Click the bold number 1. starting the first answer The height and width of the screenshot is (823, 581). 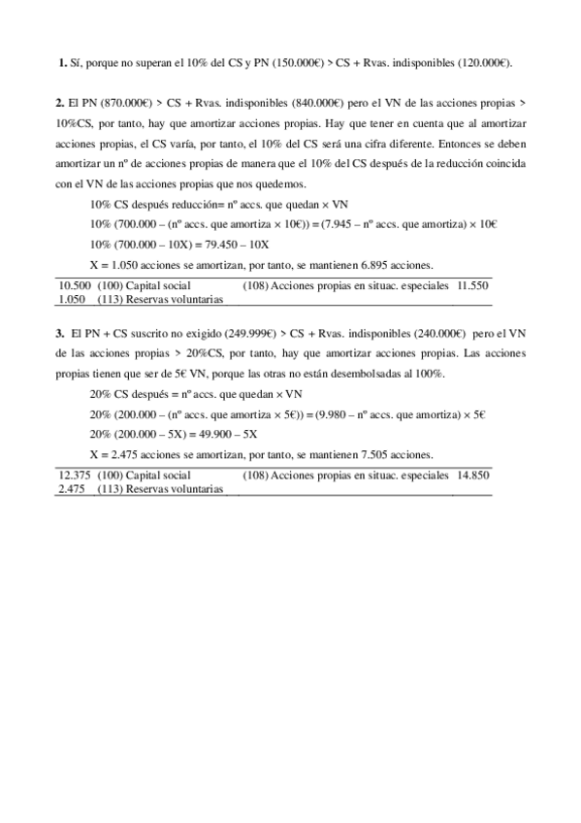[62, 62]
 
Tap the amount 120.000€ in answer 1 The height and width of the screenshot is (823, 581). [484, 62]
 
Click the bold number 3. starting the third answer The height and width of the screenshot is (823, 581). [60, 333]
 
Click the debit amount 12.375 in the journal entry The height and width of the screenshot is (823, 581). [75, 476]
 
